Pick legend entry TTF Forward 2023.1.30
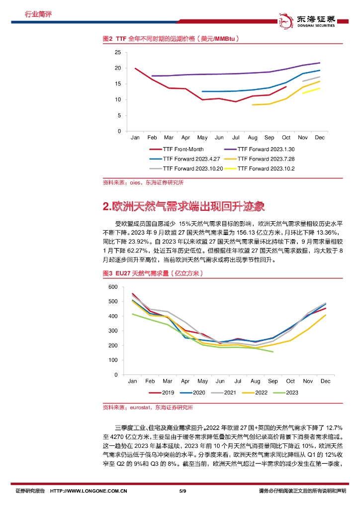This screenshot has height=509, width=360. [x=262, y=149]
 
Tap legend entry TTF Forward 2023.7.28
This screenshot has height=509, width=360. [x=262, y=159]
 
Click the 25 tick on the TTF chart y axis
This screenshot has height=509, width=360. [x=117, y=52]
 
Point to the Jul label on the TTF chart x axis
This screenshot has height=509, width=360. [x=237, y=137]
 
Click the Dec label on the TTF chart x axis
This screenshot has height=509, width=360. [x=320, y=137]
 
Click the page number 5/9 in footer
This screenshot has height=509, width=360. [x=182, y=492]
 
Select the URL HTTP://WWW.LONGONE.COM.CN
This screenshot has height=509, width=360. [x=89, y=492]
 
